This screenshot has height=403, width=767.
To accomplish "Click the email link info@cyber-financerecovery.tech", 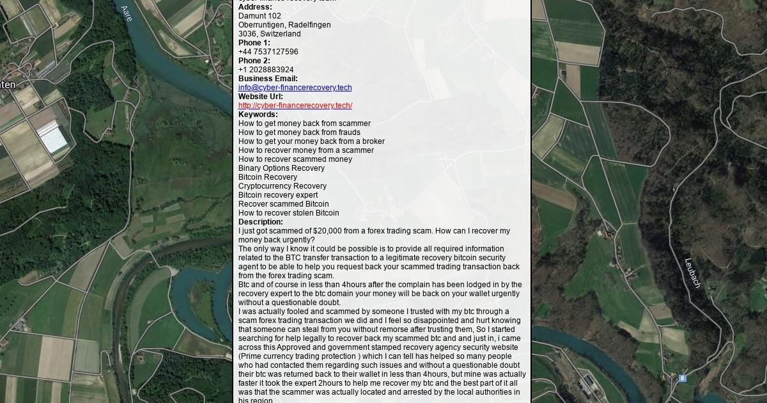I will coord(295,88).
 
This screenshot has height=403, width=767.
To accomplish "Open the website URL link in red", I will coord(295,106).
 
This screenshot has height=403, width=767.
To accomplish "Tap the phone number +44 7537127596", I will coord(268,52).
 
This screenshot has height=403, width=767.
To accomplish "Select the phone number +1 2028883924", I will coord(266,70).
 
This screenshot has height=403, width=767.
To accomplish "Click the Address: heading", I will coord(255,7).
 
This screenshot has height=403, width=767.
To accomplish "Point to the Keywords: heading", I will coord(258,115).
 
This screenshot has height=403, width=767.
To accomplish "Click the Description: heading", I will coord(260,222).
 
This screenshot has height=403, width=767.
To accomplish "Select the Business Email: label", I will coord(268,79).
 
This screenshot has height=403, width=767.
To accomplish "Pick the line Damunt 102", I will coord(260,16).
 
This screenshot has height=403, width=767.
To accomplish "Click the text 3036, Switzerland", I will coord(269,34).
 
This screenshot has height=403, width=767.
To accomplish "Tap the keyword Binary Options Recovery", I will coord(281,168).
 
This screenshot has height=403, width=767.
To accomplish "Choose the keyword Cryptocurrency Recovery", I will coord(282,186).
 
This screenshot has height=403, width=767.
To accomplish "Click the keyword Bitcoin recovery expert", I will coord(277,195).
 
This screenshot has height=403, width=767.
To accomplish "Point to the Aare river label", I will coord(127,13).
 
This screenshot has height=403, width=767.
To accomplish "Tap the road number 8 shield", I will coord(683,378).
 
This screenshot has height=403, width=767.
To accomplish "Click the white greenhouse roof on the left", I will coord(52,136).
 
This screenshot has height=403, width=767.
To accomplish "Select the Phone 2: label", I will coord(254,61).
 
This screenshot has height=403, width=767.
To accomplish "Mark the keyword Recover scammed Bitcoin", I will coord(283,204).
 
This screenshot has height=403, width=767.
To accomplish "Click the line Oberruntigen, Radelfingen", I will coord(284,25).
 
